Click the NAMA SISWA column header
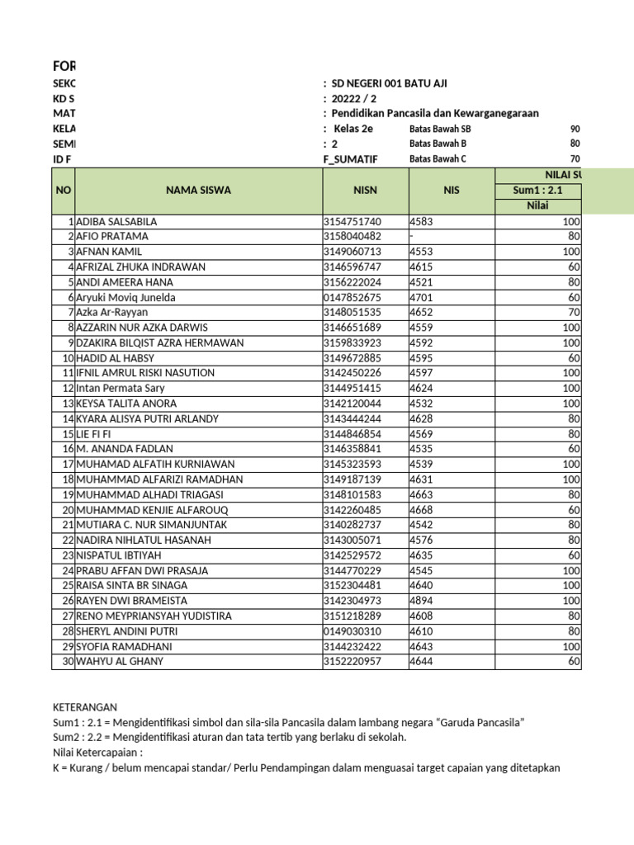(x=198, y=190)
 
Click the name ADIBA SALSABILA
(x=116, y=222)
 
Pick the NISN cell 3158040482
(x=352, y=237)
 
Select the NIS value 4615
(x=421, y=267)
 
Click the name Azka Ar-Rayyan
(x=111, y=313)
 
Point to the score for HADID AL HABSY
(x=574, y=358)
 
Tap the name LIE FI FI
(x=95, y=434)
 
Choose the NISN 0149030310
(x=352, y=631)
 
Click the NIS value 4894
(x=421, y=601)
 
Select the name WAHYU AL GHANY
(x=120, y=661)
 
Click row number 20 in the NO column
(x=66, y=510)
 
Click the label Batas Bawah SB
(x=440, y=130)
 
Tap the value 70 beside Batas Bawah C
(x=575, y=159)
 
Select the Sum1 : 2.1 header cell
(x=537, y=190)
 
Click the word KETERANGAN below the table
(x=85, y=707)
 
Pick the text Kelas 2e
(x=352, y=129)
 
